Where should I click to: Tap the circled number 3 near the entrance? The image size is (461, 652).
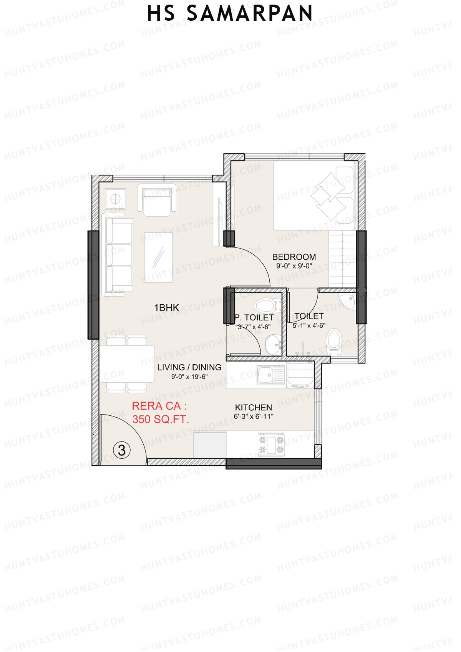click(x=122, y=450)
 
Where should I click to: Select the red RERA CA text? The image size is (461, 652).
click(x=159, y=406)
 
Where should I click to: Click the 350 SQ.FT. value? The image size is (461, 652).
click(x=161, y=419)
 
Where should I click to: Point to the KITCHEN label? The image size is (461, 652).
click(x=253, y=408)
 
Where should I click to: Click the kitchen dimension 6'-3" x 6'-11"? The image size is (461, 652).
click(x=253, y=416)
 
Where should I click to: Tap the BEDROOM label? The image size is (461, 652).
click(x=294, y=257)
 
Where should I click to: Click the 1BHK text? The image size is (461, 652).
click(x=166, y=308)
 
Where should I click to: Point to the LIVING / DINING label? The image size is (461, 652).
click(x=189, y=367)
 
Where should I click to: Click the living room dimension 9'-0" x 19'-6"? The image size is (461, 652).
click(x=189, y=377)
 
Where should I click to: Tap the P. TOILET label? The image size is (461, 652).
click(x=254, y=318)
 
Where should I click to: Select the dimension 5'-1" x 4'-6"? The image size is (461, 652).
click(x=309, y=325)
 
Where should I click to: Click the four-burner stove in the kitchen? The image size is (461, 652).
click(x=271, y=445)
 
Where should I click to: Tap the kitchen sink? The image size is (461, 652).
click(x=270, y=375)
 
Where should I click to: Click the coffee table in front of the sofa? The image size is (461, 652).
click(x=158, y=257)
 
